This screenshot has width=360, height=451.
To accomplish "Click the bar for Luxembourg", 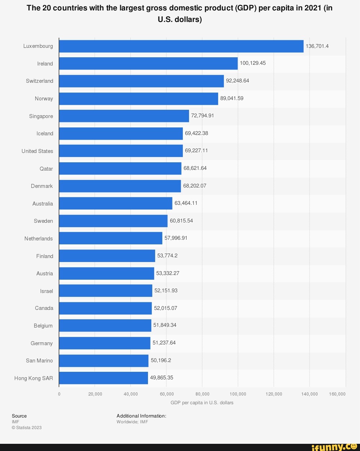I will pyautogui.click(x=181, y=46).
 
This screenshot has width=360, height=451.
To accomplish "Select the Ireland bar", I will pyautogui.click(x=148, y=63).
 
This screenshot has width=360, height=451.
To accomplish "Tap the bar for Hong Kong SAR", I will pyautogui.click(x=103, y=378).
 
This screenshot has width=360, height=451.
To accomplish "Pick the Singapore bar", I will pyautogui.click(x=124, y=116).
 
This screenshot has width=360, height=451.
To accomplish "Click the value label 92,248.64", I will pyautogui.click(x=237, y=81).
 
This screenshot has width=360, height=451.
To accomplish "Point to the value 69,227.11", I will pyautogui.click(x=196, y=151).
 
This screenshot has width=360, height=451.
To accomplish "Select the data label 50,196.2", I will pyautogui.click(x=161, y=360).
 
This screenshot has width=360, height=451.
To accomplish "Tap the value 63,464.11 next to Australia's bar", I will pyautogui.click(x=186, y=203).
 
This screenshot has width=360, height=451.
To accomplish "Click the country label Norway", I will pyautogui.click(x=44, y=99).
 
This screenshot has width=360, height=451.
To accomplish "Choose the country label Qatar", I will pyautogui.click(x=46, y=168).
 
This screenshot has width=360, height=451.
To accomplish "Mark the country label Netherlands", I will pyautogui.click(x=39, y=239).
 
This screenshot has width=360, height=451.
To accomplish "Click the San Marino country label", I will pyautogui.click(x=39, y=361).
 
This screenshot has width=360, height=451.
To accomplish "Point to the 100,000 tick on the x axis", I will pyautogui.click(x=238, y=394).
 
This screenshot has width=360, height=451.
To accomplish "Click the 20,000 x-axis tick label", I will pyautogui.click(x=95, y=394).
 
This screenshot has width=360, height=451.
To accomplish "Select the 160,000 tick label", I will pyautogui.click(x=337, y=394).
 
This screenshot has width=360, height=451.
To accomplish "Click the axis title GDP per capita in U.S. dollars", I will pyautogui.click(x=202, y=403).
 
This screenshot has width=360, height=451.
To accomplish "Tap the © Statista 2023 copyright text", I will pyautogui.click(x=27, y=428).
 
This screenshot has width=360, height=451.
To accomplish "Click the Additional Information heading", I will pyautogui.click(x=141, y=416).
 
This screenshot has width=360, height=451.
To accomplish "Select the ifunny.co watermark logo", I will pyautogui.click(x=334, y=447).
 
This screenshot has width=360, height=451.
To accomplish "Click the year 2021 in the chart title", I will pyautogui.click(x=312, y=8).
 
